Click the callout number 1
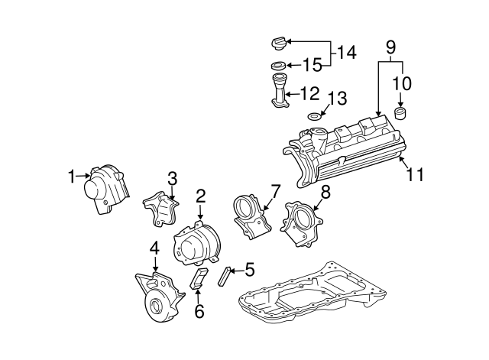[x=71, y=177]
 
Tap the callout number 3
[x=172, y=178]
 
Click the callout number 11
[x=414, y=174]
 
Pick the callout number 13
[x=337, y=97]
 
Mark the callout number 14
[x=347, y=52]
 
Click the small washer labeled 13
[x=314, y=116]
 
